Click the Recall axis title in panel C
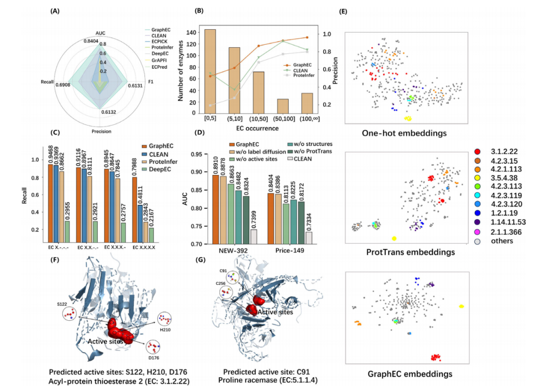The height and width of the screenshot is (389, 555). pos(25,196)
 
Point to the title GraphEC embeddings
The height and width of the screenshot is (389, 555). pos(405,373)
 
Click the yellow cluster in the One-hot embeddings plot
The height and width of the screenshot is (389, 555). pos(409,119)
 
